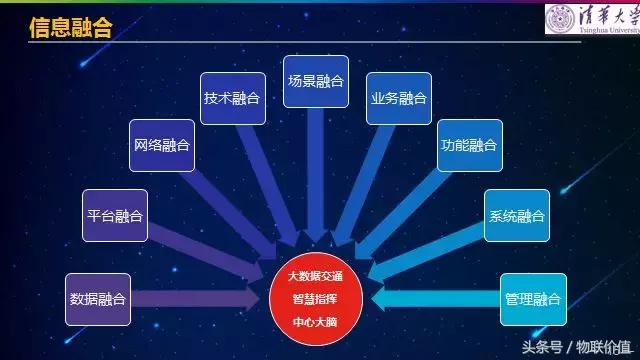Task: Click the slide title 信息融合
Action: pos(71,28)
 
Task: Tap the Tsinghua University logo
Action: pos(592,19)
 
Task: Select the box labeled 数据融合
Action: pos(98,300)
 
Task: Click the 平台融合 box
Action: pos(115,216)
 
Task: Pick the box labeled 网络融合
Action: pos(162,145)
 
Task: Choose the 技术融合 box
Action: pos(233,98)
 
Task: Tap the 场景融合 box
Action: pos(316,82)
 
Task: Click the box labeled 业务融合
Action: pos(399,98)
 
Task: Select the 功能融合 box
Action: pos(470,145)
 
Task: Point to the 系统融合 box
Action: pos(517,216)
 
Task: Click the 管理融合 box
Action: pos(533,300)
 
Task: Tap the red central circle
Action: pos(316,299)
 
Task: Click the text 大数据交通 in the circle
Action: pos(315,276)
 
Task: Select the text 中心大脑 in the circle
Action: pos(315,322)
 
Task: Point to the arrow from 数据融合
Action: pos(195,299)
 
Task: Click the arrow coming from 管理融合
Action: pos(436,299)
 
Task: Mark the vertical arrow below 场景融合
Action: pos(316,176)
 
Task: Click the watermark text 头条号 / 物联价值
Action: pos(577,347)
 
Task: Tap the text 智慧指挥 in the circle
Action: pos(315,299)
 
